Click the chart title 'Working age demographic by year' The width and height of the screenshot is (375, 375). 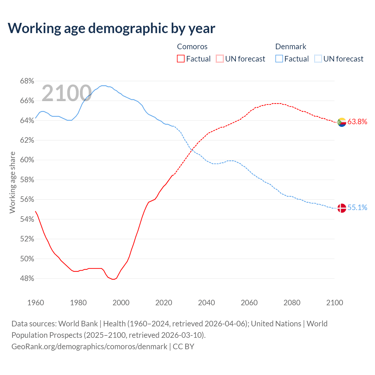click(x=112, y=28)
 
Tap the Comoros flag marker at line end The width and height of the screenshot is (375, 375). click(x=342, y=122)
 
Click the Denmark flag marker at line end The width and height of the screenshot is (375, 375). click(x=342, y=208)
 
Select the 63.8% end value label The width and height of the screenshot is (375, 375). click(x=357, y=122)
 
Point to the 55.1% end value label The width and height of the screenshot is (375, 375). click(x=357, y=208)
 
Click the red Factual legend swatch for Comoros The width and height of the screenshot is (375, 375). click(x=181, y=59)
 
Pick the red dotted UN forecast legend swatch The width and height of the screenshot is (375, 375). click(x=220, y=59)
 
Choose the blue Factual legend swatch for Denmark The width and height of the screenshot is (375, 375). click(x=279, y=59)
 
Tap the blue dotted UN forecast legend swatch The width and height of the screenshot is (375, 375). click(x=318, y=59)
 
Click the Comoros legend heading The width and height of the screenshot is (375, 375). click(x=192, y=47)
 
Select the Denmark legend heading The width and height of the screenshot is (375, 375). click(x=291, y=47)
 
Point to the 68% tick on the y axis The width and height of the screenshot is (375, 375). click(x=27, y=81)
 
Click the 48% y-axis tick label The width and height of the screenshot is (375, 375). click(x=27, y=279)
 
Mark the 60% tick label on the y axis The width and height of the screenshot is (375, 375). click(x=27, y=160)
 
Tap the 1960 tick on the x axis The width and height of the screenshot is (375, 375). click(x=36, y=303)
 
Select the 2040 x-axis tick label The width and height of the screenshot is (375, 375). click(x=207, y=303)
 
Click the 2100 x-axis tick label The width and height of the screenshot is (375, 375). click(x=335, y=303)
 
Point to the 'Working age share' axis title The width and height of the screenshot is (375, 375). click(x=12, y=182)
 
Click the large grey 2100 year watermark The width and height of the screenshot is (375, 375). click(x=67, y=93)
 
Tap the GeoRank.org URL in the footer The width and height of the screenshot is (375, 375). click(x=89, y=347)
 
